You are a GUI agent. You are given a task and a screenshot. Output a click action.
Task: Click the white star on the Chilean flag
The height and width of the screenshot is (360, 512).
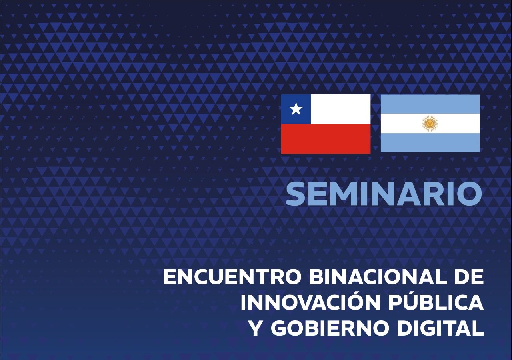pyautogui.click(x=296, y=109)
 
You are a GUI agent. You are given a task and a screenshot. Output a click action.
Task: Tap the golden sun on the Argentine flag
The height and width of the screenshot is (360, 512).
pyautogui.click(x=430, y=123)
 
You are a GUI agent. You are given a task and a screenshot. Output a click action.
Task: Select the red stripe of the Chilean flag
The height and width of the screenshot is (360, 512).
pyautogui.click(x=326, y=139)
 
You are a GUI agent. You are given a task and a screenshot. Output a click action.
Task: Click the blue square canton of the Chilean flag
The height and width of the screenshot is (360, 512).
pyautogui.click(x=296, y=109)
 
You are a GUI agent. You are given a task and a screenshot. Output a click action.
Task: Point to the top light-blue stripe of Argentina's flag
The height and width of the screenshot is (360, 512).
pyautogui.click(x=430, y=104)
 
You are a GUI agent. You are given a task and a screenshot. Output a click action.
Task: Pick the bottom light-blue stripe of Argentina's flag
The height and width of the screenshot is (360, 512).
pyautogui.click(x=430, y=142)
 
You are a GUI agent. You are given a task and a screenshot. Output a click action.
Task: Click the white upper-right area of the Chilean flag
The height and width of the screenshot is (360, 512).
pyautogui.click(x=340, y=109)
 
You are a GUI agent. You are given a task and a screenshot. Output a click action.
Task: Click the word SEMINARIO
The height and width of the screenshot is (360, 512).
pyautogui.click(x=384, y=193)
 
